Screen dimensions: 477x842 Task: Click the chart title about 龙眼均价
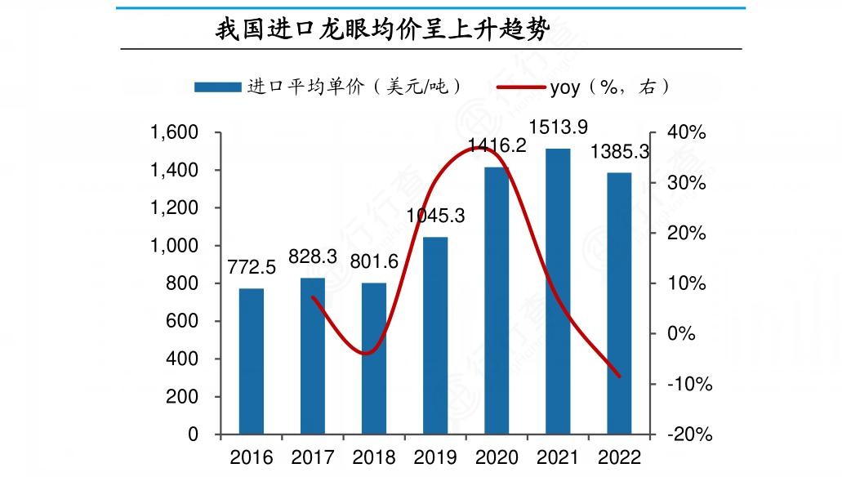382,29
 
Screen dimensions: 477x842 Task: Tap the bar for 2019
435,335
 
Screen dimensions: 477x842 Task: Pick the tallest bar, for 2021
558,291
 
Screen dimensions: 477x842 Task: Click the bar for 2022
619,303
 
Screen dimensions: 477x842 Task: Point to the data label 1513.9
559,127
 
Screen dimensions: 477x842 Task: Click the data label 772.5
252,268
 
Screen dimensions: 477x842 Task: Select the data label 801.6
374,262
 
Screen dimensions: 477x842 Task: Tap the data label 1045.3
435,216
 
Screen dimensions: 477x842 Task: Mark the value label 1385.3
619,152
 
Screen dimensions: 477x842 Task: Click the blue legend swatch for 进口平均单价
217,87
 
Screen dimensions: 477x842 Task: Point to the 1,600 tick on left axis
175,132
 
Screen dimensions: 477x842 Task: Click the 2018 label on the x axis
374,457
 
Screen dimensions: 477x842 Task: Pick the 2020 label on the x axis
497,457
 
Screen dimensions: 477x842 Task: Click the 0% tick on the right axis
682,334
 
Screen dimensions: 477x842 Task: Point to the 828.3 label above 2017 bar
313,257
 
